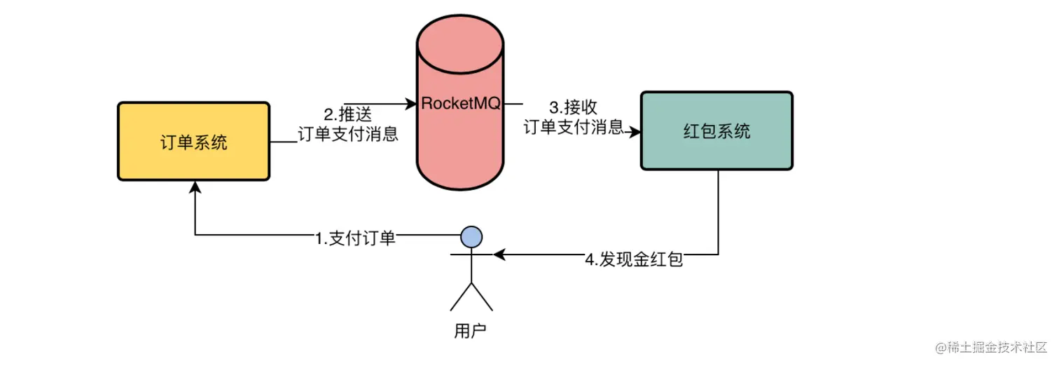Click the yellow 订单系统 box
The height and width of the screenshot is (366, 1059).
pyautogui.click(x=193, y=142)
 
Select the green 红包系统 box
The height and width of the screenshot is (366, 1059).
pyautogui.click(x=717, y=130)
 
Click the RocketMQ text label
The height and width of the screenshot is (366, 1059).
pyautogui.click(x=460, y=104)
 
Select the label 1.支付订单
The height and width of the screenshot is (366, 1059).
pyautogui.click(x=355, y=238)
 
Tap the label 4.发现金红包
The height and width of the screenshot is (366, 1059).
pyautogui.click(x=633, y=259)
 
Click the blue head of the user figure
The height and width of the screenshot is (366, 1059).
pyautogui.click(x=471, y=236)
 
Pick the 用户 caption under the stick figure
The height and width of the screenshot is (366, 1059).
pyautogui.click(x=470, y=330)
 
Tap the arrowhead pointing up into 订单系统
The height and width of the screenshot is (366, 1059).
pyautogui.click(x=195, y=187)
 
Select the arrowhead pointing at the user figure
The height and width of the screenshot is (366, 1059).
pyautogui.click(x=498, y=255)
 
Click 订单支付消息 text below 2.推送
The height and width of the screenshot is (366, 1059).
pyautogui.click(x=348, y=134)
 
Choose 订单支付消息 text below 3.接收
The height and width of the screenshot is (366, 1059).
pyautogui.click(x=574, y=127)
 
